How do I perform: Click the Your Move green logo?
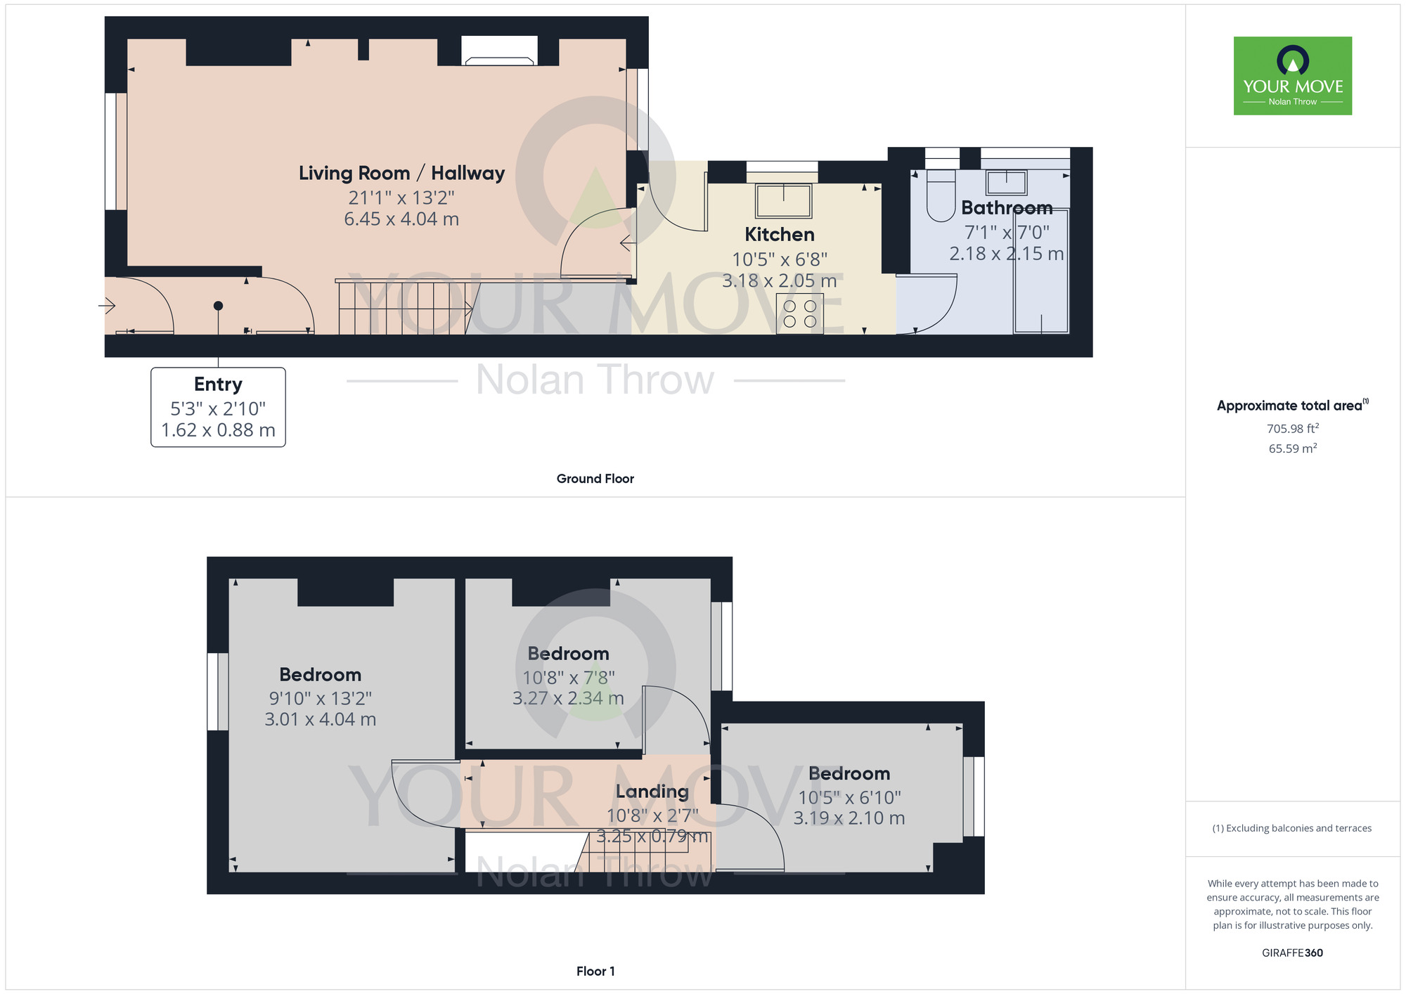(x=1292, y=76)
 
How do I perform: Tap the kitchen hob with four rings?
(x=799, y=314)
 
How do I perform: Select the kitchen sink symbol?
(x=783, y=200)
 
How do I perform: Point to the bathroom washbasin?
(x=1006, y=182)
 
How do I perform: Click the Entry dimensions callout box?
(x=218, y=407)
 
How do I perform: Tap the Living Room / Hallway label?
(x=401, y=173)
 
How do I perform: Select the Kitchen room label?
(x=779, y=234)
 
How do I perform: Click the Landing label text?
(x=652, y=792)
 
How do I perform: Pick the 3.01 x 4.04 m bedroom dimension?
(x=320, y=719)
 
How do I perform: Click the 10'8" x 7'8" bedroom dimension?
(x=568, y=678)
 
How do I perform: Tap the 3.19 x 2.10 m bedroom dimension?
(x=849, y=818)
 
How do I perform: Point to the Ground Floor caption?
(x=595, y=479)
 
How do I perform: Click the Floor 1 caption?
(x=595, y=972)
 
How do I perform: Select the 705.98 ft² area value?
(x=1292, y=428)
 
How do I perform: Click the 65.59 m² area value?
(x=1292, y=448)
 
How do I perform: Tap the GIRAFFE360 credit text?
(x=1292, y=953)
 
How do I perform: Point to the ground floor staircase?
(x=404, y=308)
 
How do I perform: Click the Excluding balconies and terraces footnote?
(x=1292, y=828)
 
